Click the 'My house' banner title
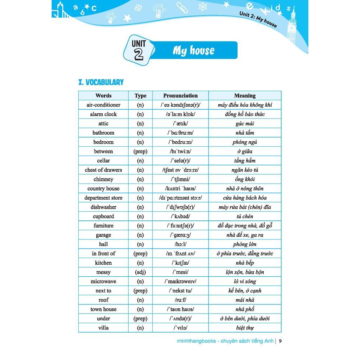point(193,51)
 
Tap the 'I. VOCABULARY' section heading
point(101,82)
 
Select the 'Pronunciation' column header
point(180,96)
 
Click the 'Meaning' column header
point(245,96)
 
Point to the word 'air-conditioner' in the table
point(103,105)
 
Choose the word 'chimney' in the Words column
point(103,179)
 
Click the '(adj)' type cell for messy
point(140,272)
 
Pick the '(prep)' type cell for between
point(140,152)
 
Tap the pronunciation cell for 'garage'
point(180,235)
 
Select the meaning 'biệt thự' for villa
point(245,328)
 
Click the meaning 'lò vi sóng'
point(245,282)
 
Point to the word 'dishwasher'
point(103,207)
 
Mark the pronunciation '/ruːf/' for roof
point(180,300)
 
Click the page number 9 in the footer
point(281,341)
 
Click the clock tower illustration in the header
point(291,25)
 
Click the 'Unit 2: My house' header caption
point(258,19)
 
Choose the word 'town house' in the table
point(103,309)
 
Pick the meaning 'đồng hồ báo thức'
point(245,114)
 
